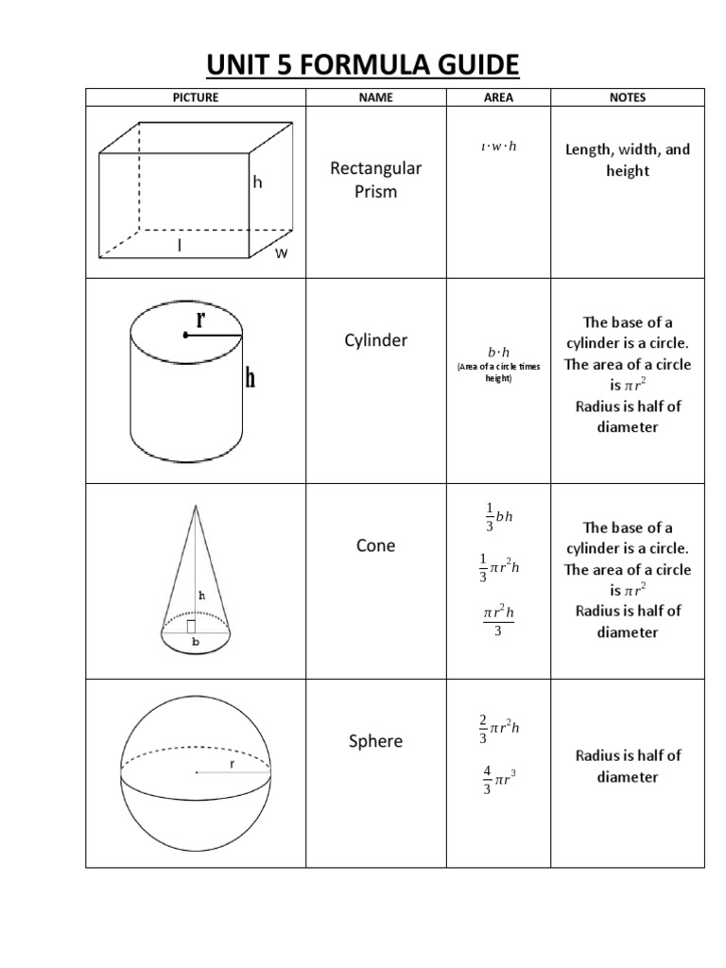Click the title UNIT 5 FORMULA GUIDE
click(363, 65)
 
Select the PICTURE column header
click(196, 97)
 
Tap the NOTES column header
click(628, 97)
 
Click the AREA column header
click(498, 97)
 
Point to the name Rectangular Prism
click(375, 180)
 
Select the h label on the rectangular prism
click(257, 181)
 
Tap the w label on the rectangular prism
click(281, 253)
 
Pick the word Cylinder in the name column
click(375, 340)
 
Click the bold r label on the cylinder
click(200, 320)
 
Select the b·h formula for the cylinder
click(498, 352)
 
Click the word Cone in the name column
click(375, 545)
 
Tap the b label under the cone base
click(197, 641)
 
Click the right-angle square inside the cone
click(192, 626)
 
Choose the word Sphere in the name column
click(375, 741)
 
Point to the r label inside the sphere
click(231, 762)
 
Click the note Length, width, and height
click(628, 160)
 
